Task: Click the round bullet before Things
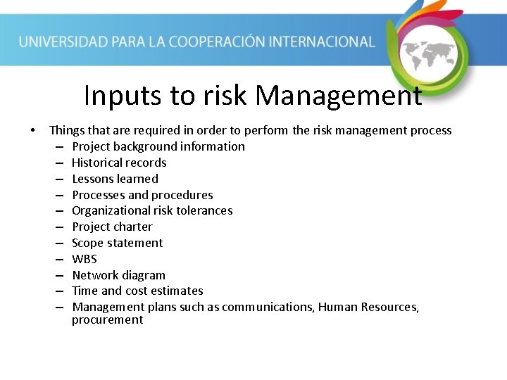click(x=32, y=131)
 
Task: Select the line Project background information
click(x=158, y=146)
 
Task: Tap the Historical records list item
click(x=119, y=163)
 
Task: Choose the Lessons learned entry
click(x=115, y=179)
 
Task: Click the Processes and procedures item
click(x=142, y=195)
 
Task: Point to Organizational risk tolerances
click(x=152, y=210)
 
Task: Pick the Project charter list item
click(x=112, y=227)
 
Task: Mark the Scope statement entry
click(x=117, y=243)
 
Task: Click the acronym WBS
click(x=84, y=259)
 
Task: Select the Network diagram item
click(x=118, y=275)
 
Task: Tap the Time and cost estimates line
click(x=137, y=291)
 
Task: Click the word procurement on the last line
click(x=107, y=320)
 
